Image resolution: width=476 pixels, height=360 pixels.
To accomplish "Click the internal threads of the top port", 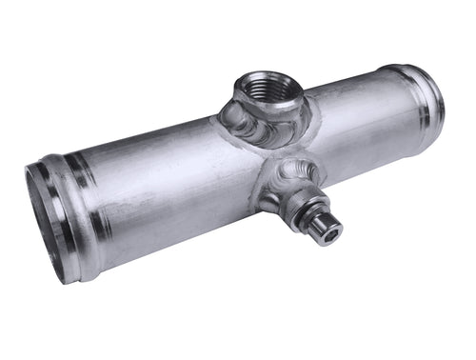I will pos(269,92).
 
